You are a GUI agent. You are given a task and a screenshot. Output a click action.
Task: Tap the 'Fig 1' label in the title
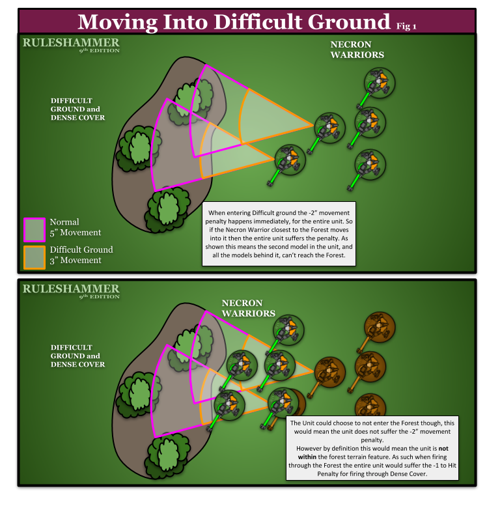[x=406, y=26]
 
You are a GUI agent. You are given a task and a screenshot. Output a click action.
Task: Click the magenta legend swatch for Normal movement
[x=35, y=229]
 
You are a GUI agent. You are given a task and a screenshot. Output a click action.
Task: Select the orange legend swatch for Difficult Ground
[x=35, y=256]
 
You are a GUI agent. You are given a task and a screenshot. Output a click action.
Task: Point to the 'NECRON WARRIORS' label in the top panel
[x=357, y=50]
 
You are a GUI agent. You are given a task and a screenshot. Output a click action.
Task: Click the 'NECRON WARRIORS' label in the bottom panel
[x=248, y=308]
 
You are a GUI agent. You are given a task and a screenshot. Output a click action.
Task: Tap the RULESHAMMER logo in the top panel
[x=70, y=45]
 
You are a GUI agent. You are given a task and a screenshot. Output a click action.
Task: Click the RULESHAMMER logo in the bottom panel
[x=70, y=290]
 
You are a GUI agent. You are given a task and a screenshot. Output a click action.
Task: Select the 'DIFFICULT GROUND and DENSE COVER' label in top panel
[x=77, y=109]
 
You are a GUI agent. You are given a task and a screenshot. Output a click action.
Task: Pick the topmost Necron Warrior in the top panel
[x=379, y=83]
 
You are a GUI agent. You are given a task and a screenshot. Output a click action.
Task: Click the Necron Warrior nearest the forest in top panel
[x=289, y=160]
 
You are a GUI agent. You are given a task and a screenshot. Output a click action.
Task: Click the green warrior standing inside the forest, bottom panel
[x=230, y=403]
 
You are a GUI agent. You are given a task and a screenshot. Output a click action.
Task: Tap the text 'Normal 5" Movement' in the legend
[x=75, y=227]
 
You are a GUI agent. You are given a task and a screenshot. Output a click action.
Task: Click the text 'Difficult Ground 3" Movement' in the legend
[x=81, y=255]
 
